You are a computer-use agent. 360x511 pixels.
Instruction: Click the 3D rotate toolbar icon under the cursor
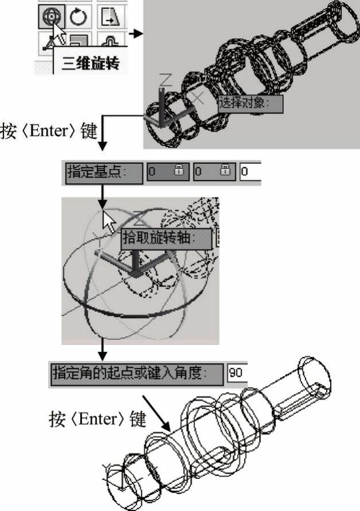coord(52,17)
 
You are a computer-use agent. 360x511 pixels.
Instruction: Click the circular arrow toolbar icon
coord(78,17)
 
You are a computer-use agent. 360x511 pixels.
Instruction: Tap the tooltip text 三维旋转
coord(90,63)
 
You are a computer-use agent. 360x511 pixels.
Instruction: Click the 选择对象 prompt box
coord(250,104)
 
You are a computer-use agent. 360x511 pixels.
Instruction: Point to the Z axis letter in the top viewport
coord(165,80)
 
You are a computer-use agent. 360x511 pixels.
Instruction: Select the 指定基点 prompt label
coord(104,173)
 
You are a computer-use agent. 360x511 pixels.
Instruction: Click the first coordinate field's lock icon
coord(179,170)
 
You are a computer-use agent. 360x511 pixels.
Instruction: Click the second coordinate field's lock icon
coord(225,170)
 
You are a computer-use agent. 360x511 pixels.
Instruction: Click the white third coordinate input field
coord(251,172)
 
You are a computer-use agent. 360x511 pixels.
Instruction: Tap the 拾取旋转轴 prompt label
coord(167,239)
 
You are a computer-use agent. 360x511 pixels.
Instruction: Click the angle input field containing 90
coord(237,373)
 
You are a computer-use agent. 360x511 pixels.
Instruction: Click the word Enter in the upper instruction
coord(48,131)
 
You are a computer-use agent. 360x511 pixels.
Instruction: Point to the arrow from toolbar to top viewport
coord(136,33)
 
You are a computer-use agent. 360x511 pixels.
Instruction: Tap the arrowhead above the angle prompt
coord(102,356)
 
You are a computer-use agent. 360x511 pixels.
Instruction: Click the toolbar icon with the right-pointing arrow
coord(110,17)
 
